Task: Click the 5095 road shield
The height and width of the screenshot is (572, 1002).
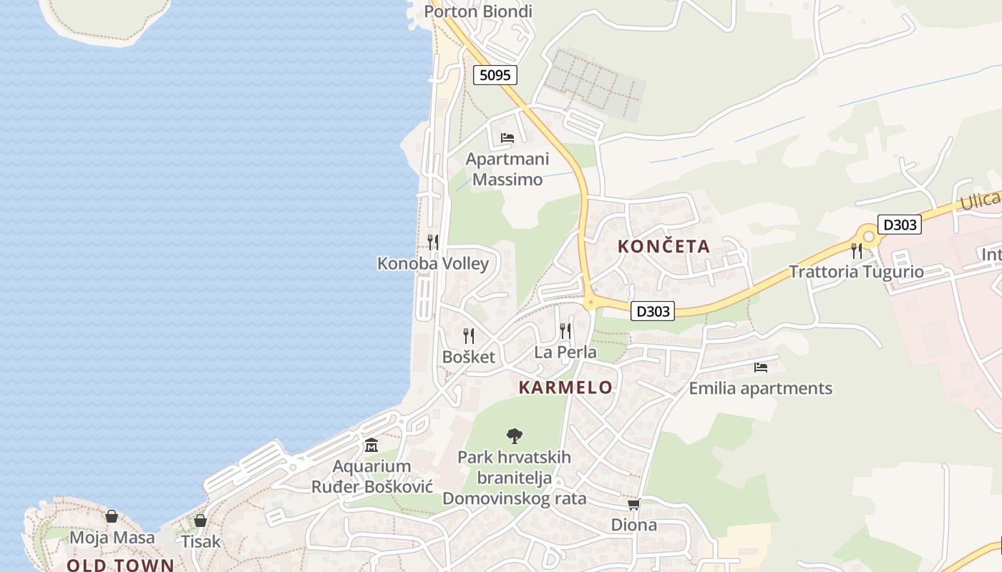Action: (495, 74)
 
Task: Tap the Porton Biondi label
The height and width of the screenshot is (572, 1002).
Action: (478, 11)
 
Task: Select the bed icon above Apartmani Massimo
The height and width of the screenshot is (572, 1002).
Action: (507, 137)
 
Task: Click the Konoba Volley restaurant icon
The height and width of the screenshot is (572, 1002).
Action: (433, 242)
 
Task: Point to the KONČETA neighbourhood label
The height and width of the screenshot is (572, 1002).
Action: (663, 247)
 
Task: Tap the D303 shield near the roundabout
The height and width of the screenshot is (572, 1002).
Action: (899, 225)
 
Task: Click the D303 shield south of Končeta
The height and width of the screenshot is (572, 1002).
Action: (653, 311)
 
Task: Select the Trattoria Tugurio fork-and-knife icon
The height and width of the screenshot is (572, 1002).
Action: (857, 251)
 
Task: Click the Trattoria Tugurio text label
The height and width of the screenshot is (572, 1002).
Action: (856, 272)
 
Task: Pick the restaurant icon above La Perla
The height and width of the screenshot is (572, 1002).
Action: (565, 330)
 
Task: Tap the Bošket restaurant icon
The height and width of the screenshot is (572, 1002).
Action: (469, 335)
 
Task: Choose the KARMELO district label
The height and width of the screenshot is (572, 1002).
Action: (565, 388)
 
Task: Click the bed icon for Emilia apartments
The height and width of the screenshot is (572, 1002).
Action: (760, 368)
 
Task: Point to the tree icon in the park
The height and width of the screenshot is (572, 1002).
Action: (514, 435)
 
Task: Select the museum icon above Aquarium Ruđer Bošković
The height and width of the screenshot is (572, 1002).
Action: (371, 445)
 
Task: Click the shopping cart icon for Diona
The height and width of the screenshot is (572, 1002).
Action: (633, 504)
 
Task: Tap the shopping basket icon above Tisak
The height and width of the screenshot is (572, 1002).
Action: (200, 521)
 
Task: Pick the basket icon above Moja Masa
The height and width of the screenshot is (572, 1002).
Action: (112, 516)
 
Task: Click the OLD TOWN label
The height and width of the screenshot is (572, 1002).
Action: (120, 565)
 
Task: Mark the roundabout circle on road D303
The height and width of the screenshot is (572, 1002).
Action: (868, 236)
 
